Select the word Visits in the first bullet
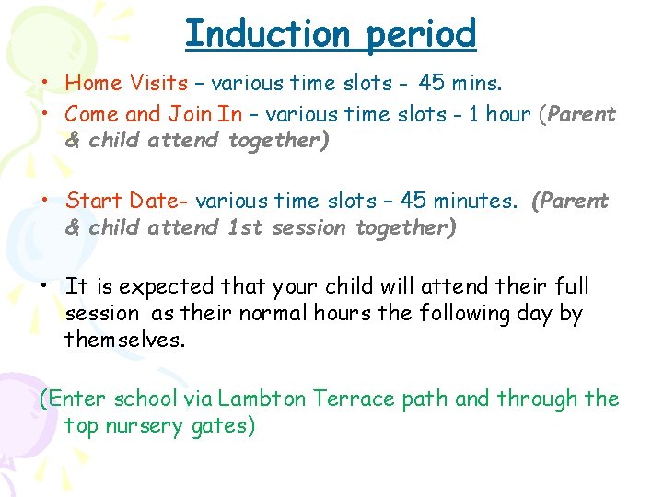[158, 83]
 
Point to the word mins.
[476, 83]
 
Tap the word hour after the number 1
[506, 115]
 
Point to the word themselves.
[124, 341]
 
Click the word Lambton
[267, 399]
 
